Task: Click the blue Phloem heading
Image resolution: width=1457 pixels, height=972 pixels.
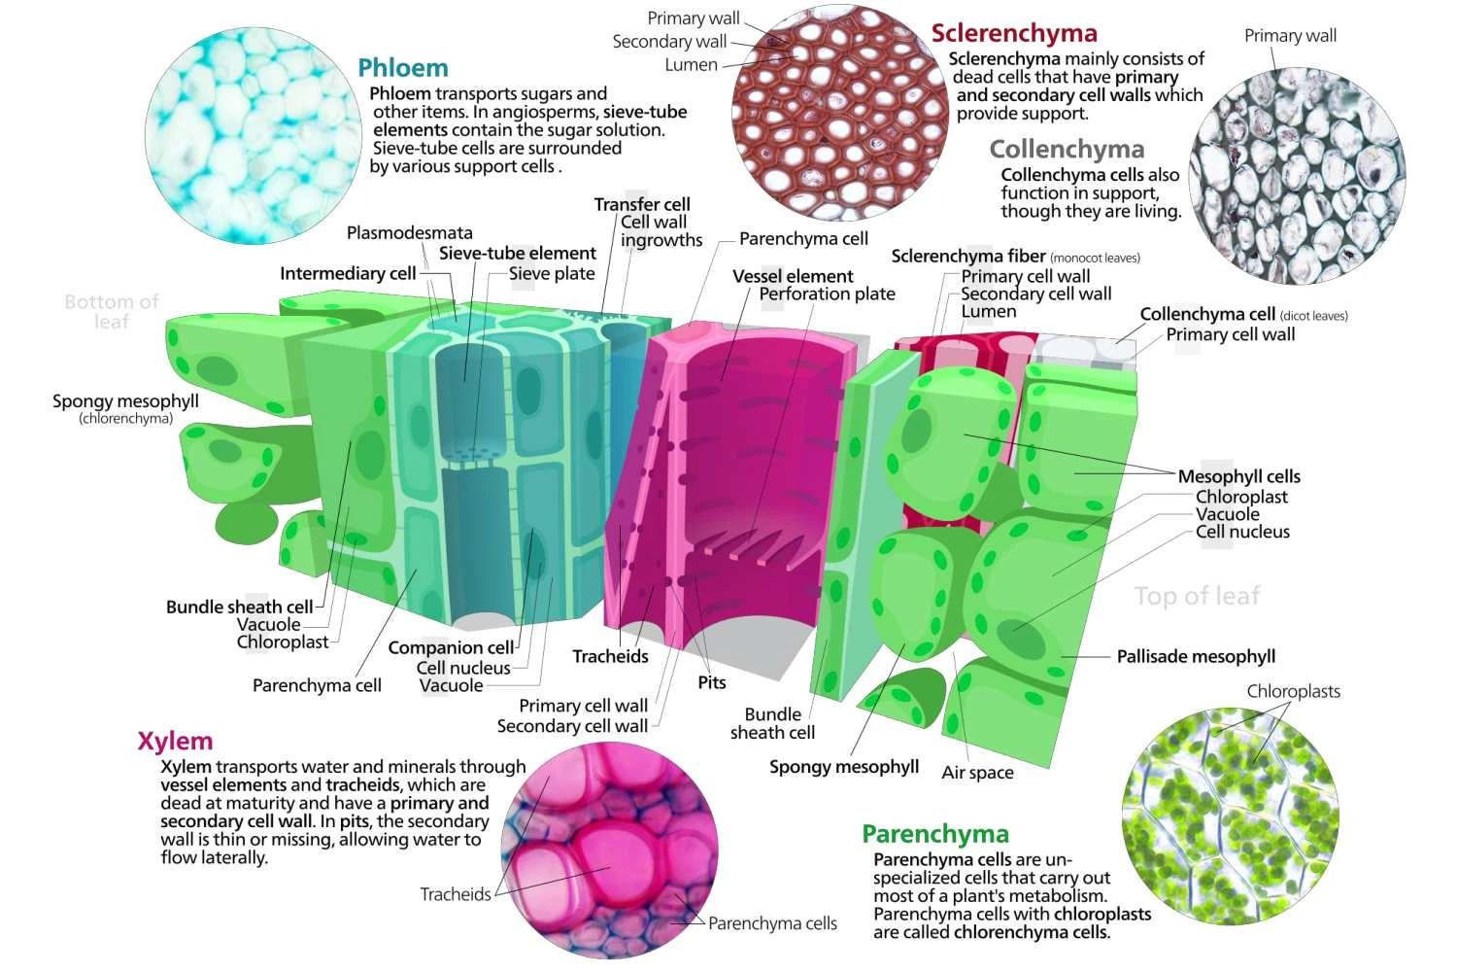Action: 403,68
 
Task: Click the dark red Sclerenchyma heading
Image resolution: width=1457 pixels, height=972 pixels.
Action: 1014,33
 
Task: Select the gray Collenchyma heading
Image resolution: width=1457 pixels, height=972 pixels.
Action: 1067,149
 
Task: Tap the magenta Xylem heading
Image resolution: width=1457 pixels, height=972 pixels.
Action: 175,742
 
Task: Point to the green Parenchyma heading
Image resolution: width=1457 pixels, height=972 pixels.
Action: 935,834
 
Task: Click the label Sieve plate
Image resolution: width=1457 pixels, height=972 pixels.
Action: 552,273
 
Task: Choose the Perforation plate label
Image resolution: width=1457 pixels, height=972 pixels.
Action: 827,294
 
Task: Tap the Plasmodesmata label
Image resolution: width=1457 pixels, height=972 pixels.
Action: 409,232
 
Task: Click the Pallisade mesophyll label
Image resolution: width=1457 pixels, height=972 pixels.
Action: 1196,656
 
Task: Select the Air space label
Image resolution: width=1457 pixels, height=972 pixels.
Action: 977,772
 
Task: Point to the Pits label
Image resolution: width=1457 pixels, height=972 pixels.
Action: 712,682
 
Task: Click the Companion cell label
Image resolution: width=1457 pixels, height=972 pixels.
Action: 451,647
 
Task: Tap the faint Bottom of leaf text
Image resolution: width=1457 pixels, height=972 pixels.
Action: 112,311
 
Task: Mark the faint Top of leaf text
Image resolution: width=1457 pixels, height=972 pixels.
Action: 1197,596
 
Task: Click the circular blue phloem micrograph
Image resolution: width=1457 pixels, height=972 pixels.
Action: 253,135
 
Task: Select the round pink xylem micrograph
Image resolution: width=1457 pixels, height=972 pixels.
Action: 609,850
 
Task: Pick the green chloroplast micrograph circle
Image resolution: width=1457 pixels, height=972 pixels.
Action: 1231,816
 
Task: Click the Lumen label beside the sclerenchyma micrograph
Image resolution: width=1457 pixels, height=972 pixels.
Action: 691,65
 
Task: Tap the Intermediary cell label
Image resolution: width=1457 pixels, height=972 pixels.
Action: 348,273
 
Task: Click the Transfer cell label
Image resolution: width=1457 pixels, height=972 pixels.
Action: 642,204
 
